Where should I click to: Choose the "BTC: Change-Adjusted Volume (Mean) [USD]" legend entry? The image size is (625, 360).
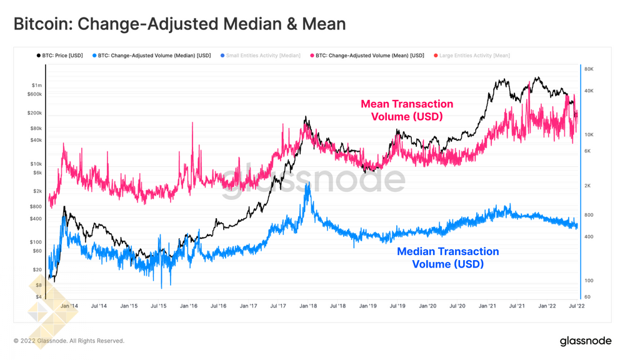(x=369, y=56)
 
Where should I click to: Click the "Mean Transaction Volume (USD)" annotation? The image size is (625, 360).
(x=407, y=110)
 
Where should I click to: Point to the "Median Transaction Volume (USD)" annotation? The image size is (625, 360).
(x=448, y=257)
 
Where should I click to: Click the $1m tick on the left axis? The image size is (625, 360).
(x=37, y=85)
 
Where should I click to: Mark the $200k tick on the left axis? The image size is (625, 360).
(x=35, y=113)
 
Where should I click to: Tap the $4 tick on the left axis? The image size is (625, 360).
(x=39, y=297)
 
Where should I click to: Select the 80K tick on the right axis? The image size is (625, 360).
(x=589, y=69)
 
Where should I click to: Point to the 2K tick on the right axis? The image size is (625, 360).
(x=587, y=186)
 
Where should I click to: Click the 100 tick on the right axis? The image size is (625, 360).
(x=588, y=281)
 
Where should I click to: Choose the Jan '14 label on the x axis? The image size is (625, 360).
(x=69, y=306)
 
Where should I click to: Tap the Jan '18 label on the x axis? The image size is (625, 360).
(x=308, y=306)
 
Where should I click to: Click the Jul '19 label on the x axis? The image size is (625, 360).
(x=397, y=306)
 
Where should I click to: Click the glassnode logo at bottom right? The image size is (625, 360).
(x=586, y=341)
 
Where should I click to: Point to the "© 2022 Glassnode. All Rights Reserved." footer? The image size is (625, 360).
(x=69, y=341)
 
